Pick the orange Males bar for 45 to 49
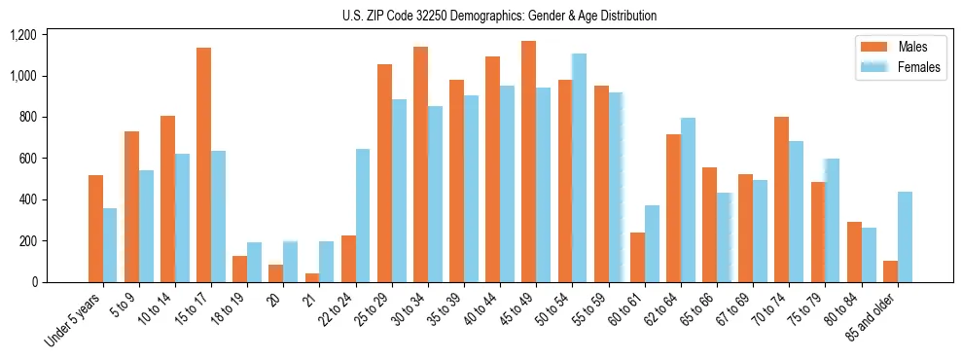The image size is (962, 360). pos(528,162)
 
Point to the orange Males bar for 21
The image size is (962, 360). pos(311,277)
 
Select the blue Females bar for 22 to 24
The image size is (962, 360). pos(362,215)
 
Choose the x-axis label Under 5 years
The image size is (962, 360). pos(74,321)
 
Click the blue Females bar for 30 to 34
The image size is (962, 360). pos(435,194)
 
